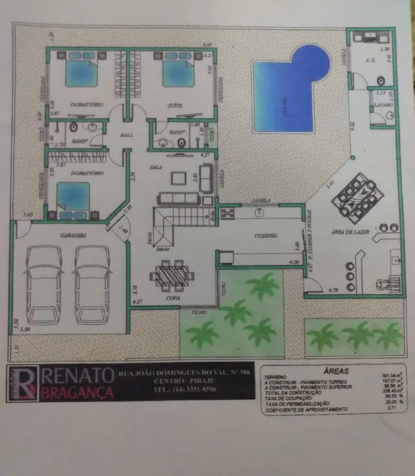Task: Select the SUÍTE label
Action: click(176, 105)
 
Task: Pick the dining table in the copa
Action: click(172, 274)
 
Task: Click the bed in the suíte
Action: click(178, 73)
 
